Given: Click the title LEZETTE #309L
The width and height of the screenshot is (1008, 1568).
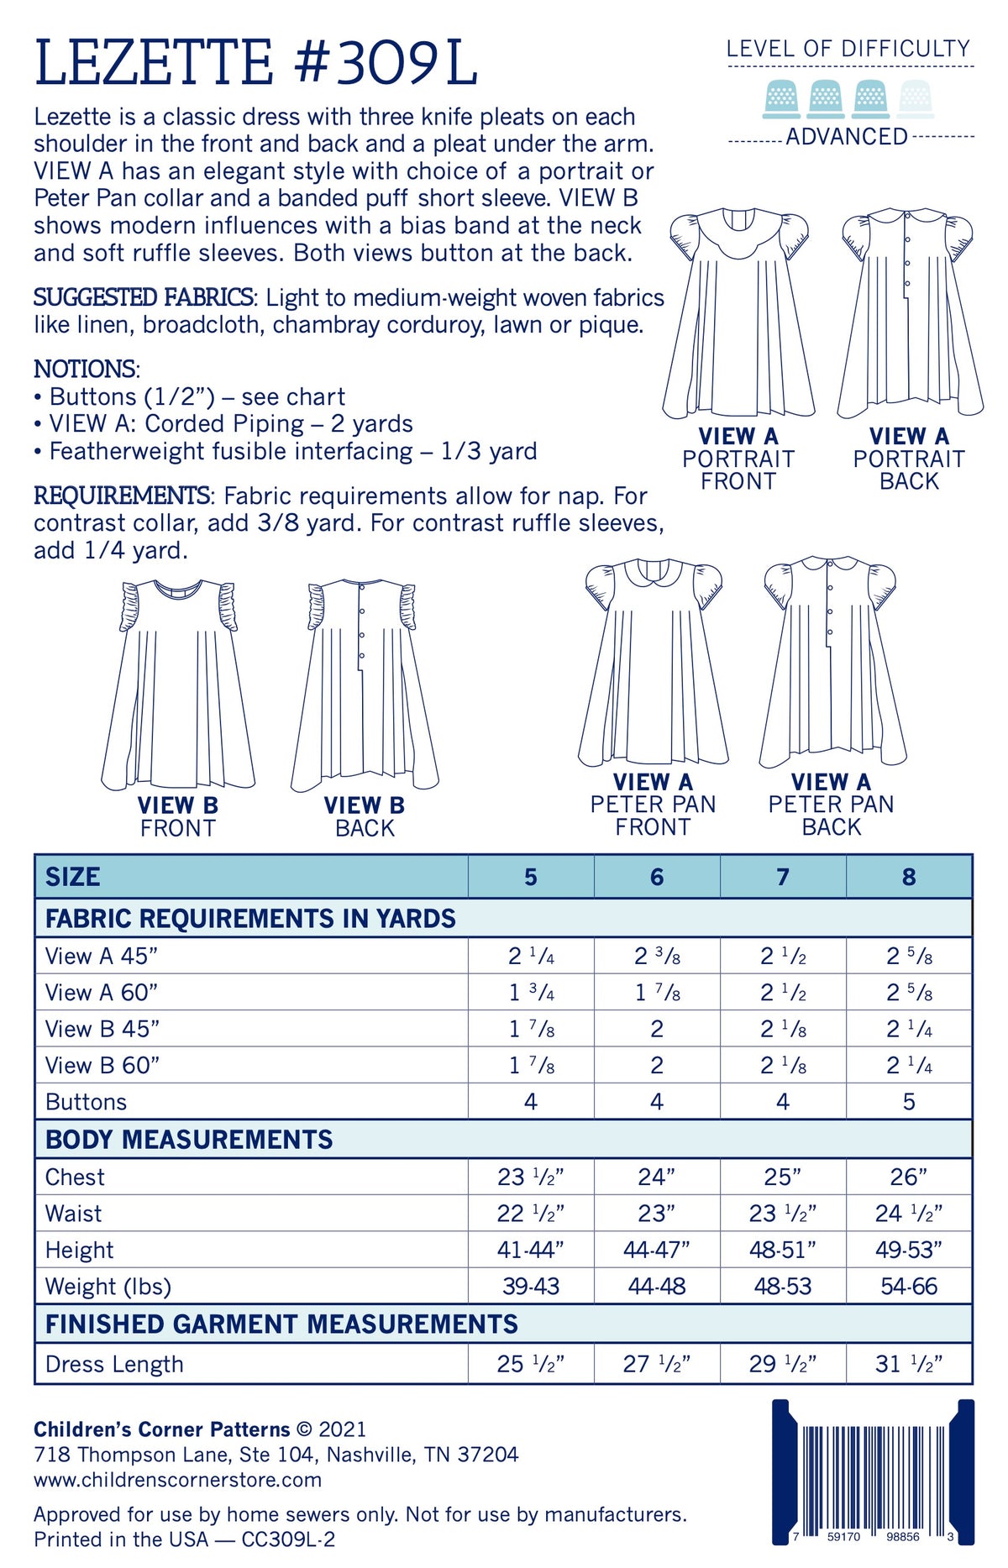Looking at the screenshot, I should pos(255,62).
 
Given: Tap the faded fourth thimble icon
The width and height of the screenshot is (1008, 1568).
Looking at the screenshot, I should pos(915,98).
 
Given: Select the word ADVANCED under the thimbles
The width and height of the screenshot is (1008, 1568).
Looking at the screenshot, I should pos(847,137).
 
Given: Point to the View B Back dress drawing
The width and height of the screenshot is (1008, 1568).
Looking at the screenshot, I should pos(365,684).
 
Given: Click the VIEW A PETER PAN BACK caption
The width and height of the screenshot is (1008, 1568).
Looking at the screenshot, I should pos(831,805).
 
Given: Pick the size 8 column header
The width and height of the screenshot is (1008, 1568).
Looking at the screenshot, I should pos(909,877).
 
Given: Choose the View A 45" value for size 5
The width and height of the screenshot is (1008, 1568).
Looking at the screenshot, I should pos(531,956).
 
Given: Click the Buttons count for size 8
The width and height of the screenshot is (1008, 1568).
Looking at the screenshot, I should pos(909,1102).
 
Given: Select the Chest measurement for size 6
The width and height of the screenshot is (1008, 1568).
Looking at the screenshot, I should pos(657,1177).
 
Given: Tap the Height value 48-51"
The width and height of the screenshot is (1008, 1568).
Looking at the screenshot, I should pos(783,1250).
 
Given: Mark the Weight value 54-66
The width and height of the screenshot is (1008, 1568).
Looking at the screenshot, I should pos(909,1286).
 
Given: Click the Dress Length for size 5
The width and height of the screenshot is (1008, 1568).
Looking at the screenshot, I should pos(531,1364).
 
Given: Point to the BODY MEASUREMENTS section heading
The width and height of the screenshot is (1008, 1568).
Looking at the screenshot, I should pos(189,1140).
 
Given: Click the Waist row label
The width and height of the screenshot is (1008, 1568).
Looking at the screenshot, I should pos(74,1214).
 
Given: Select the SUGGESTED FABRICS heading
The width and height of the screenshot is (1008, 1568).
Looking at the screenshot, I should pos(144,297).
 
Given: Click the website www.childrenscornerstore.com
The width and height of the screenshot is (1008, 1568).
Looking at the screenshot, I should pos(178,1480).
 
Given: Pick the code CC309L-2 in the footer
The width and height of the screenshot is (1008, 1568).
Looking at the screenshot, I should pos(288,1539).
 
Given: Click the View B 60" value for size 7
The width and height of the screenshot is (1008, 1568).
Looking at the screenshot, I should pos(783,1066).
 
